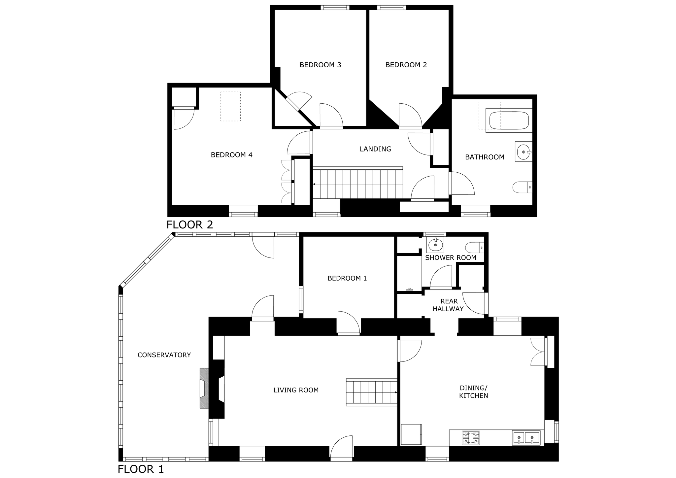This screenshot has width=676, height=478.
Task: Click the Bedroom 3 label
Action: coord(320,65)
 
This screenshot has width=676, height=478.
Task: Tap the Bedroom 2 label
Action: coord(406,65)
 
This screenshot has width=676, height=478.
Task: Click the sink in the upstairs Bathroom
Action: coord(524,152)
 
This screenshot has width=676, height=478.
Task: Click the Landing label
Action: coord(376,149)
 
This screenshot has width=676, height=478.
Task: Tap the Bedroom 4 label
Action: coord(232,155)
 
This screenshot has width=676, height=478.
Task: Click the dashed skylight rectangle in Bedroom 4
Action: coord(231,106)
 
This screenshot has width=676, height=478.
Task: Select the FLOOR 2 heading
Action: coord(190,224)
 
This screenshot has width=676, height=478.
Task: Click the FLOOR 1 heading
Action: coord(141,469)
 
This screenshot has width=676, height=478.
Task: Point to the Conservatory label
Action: coord(164,355)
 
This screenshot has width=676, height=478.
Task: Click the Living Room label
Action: coord(296,390)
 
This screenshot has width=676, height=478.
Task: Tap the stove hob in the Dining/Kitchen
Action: coord(471,438)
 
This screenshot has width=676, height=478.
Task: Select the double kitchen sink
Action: coord(526,438)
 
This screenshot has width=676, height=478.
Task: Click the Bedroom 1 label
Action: coord(347,278)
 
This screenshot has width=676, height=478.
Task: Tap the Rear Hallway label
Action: coord(449,305)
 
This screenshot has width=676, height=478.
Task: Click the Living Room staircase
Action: coord(371,392)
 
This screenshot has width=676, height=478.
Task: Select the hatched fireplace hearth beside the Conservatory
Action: coord(204,388)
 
